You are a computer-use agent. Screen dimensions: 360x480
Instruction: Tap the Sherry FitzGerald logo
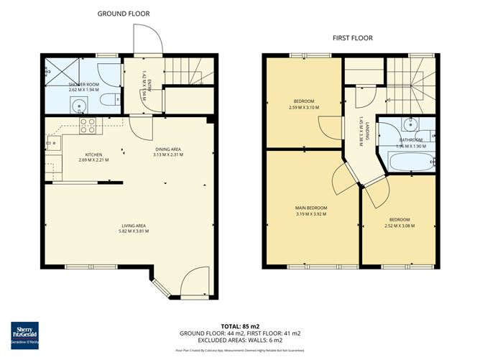(x=24, y=334)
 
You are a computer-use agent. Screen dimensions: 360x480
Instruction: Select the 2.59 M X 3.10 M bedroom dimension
(x=305, y=107)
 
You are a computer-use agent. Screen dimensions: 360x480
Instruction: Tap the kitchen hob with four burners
(x=88, y=126)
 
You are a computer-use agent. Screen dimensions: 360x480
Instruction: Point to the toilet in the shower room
(x=106, y=100)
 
